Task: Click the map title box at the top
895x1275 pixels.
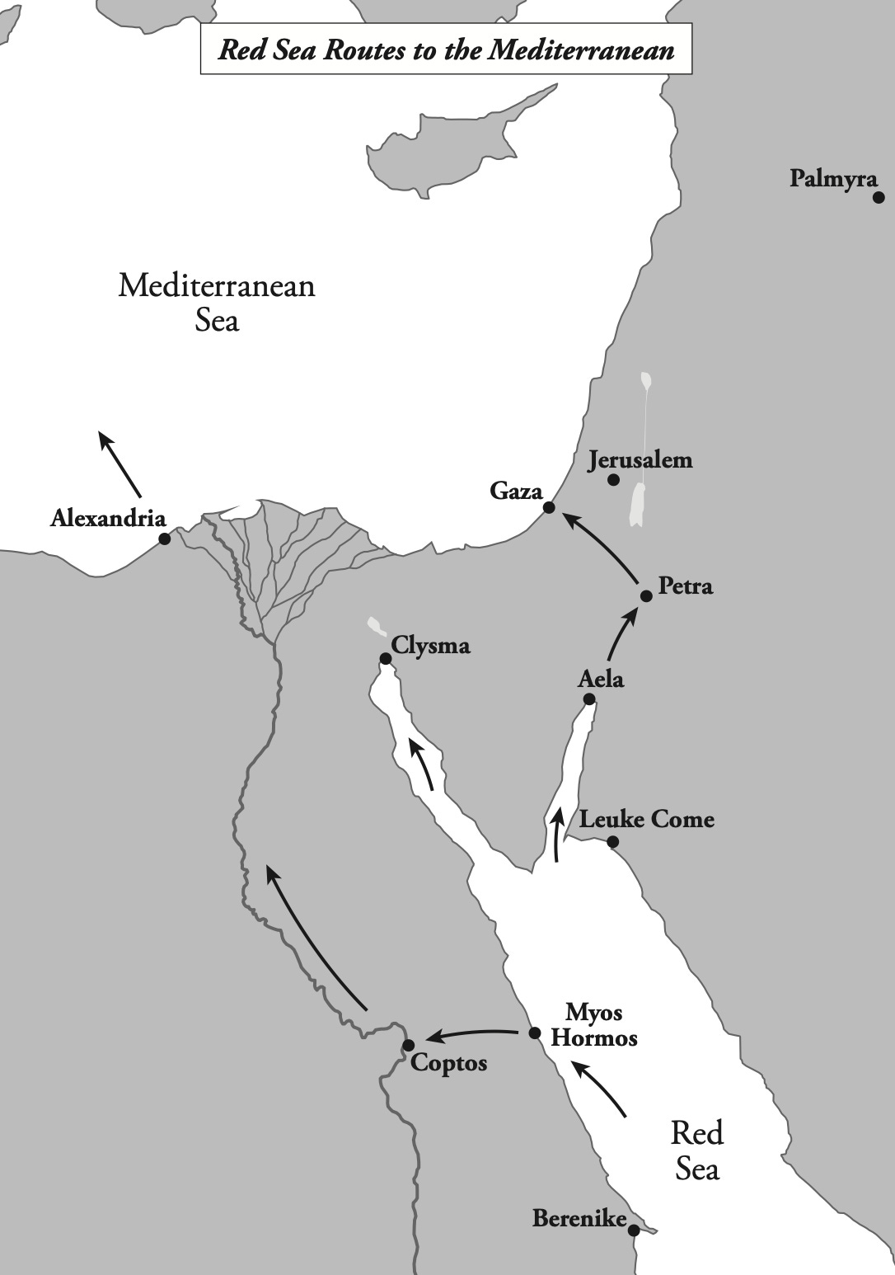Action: [446, 49]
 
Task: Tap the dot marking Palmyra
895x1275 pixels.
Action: [879, 198]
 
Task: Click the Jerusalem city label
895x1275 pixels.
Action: [640, 460]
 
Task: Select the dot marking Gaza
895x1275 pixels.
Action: [549, 508]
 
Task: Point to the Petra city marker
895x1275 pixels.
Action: [646, 595]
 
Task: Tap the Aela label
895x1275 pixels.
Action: [601, 680]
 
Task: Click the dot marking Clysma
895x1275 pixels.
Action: [385, 658]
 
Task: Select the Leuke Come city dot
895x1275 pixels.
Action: [612, 842]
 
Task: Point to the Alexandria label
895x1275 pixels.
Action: [108, 519]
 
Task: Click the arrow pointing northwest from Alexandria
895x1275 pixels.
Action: [119, 463]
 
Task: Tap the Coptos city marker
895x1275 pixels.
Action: [408, 1045]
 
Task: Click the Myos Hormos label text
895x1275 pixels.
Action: [593, 1024]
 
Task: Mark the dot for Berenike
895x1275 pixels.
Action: [634, 1230]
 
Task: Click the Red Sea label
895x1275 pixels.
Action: [696, 1150]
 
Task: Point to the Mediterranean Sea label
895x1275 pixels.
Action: [217, 302]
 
